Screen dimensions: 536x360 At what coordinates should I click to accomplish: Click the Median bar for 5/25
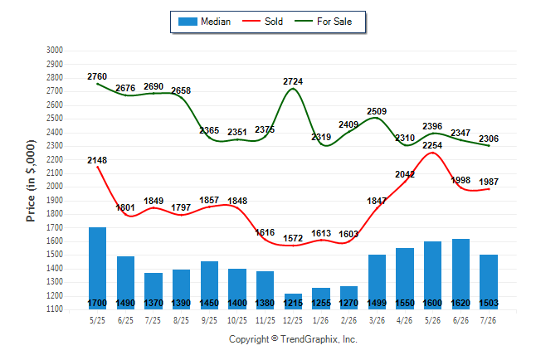tap(97, 268)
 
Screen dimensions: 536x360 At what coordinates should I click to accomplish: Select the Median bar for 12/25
tap(293, 301)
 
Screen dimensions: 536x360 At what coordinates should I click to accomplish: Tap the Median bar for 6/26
tap(460, 274)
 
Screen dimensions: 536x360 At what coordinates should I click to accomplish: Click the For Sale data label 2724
tap(293, 81)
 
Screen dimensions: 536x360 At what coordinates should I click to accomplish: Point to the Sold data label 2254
tap(432, 145)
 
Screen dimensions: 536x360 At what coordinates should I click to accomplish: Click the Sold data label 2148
tap(97, 160)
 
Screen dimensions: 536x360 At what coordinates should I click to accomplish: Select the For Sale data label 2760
tap(97, 76)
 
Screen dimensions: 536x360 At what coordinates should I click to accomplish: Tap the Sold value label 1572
tap(293, 238)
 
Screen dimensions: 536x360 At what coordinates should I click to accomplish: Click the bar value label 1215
tap(293, 303)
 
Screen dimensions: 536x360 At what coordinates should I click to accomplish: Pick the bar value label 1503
tap(489, 303)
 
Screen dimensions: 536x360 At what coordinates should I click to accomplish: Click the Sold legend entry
tap(262, 22)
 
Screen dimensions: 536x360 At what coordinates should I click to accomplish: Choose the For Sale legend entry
tap(324, 22)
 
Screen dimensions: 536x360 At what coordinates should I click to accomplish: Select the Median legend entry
tap(204, 22)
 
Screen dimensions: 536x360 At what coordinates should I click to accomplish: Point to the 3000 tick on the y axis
tap(55, 51)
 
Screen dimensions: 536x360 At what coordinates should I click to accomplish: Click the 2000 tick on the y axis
tap(55, 187)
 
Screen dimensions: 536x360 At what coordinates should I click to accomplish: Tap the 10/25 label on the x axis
tap(237, 320)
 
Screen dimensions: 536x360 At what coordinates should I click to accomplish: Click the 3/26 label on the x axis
tap(377, 320)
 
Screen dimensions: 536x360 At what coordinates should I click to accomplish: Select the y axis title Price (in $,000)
tap(31, 181)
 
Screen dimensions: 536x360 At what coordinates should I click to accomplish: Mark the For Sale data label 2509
tap(377, 111)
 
